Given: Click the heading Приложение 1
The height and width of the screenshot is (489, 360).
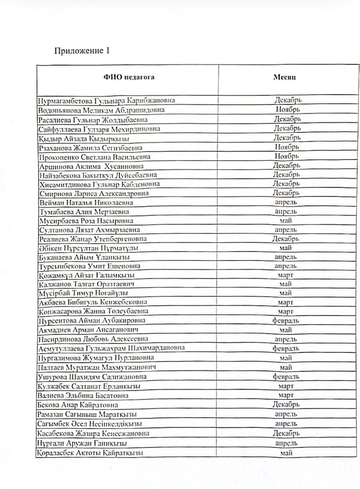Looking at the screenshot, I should coord(82,51).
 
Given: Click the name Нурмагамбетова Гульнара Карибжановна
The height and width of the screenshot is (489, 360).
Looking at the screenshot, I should coord(107,100).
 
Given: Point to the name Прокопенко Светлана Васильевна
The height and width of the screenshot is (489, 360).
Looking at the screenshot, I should coord(95,157).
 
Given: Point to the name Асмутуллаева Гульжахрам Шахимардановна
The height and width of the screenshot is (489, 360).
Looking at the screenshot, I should coord(111,348).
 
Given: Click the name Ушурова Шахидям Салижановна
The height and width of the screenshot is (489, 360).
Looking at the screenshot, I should coord(93,377).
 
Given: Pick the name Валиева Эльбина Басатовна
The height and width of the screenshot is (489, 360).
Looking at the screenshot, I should coord(83,395).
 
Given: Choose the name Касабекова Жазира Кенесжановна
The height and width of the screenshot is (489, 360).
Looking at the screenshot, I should coord(93,433).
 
